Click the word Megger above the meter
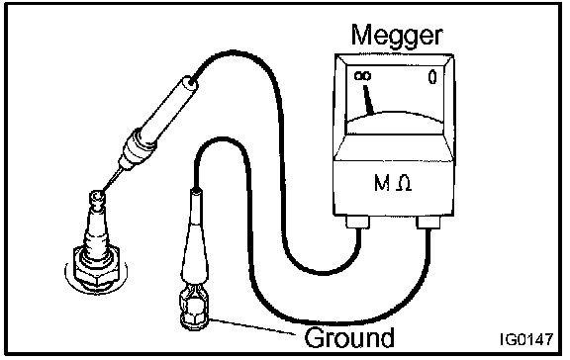tap(397, 37)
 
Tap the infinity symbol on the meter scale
tap(363, 76)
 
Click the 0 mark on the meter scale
tap(431, 77)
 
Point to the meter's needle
tap(368, 100)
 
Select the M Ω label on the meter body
tap(393, 183)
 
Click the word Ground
tap(349, 337)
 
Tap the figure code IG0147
tap(526, 339)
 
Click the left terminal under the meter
tap(357, 222)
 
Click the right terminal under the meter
tap(428, 223)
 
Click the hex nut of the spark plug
tap(96, 265)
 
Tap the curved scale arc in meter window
tap(396, 117)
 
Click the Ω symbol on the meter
tap(404, 183)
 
